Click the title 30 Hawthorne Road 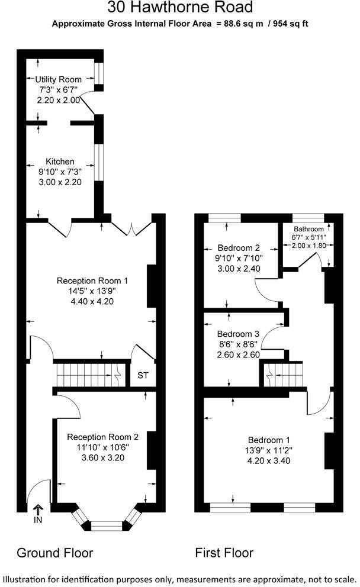pos(180,8)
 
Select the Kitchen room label pos(60,161)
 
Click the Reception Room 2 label pos(102,437)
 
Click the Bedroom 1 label pos(269,440)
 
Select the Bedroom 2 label pos(239,247)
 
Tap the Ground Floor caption pos(54,553)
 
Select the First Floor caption pos(224,553)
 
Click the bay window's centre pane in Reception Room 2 pos(107,524)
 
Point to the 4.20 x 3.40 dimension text pos(269,462)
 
